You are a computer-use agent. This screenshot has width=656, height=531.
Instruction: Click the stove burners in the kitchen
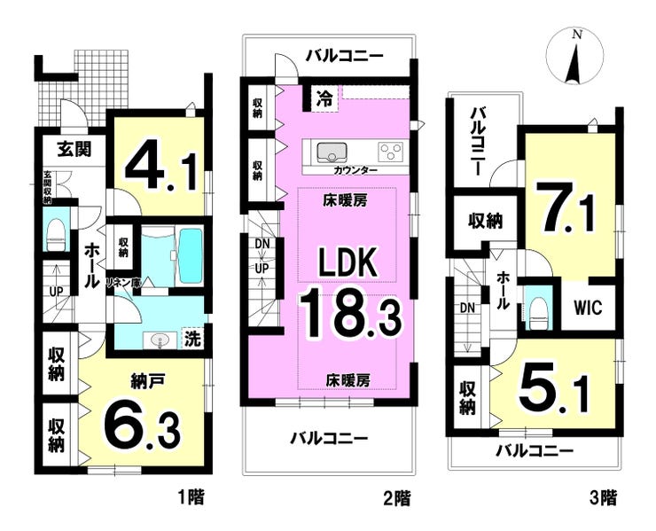coord(390,150)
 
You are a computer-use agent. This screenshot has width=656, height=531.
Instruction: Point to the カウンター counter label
coord(355,170)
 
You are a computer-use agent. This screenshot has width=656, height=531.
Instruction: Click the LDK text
coord(349,263)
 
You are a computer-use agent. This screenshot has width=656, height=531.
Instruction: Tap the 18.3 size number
coord(349,315)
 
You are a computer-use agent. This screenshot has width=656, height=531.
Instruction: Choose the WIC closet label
coord(587,308)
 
